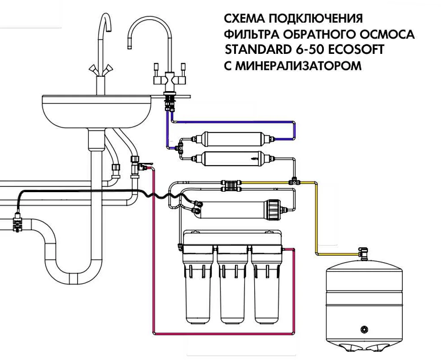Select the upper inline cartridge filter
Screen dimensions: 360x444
(x=230, y=139)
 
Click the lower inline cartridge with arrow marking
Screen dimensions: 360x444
(x=230, y=158)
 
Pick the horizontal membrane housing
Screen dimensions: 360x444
(x=233, y=209)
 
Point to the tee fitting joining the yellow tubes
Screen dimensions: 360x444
(x=294, y=182)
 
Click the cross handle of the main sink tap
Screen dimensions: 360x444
(x=100, y=69)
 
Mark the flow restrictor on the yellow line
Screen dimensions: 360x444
(x=231, y=183)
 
